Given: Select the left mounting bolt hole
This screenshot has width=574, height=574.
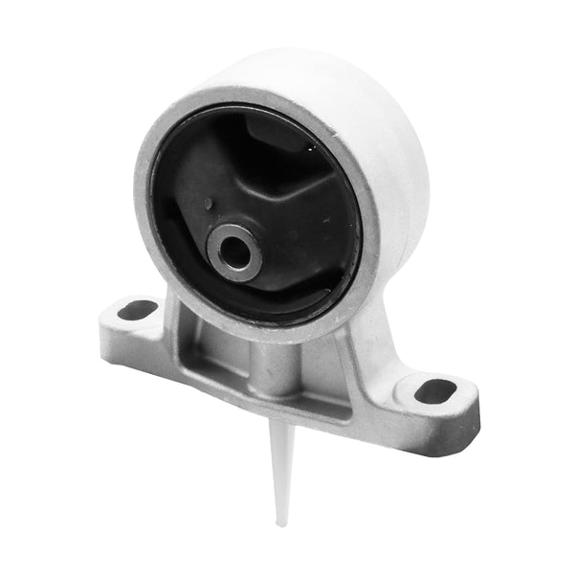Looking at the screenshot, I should click(x=138, y=309).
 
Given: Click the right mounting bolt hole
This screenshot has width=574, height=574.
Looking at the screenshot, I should click(x=435, y=390).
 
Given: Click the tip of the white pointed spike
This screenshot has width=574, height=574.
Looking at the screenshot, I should click(x=280, y=522).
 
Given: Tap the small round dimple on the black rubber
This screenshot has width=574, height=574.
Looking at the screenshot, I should click(x=210, y=204).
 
